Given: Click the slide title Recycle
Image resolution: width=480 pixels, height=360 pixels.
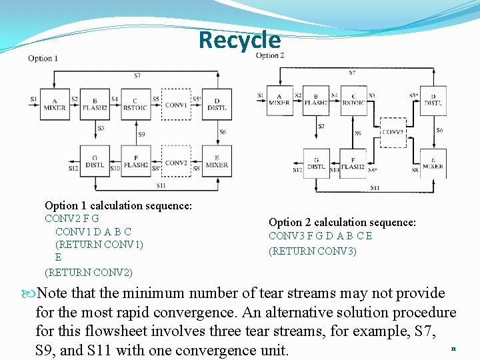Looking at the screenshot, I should [x=239, y=40].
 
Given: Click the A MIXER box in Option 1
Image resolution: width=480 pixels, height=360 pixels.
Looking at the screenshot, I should [x=54, y=104].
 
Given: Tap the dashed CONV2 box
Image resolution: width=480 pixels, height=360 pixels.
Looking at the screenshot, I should [x=176, y=162].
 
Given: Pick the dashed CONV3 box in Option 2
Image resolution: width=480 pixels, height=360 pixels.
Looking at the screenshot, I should [x=393, y=132].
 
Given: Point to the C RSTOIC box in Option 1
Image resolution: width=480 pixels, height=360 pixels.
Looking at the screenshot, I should [x=135, y=104].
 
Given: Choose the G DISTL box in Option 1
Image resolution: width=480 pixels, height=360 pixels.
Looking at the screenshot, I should [x=95, y=161].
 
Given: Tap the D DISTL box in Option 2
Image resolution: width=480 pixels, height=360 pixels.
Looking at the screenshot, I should [x=433, y=99].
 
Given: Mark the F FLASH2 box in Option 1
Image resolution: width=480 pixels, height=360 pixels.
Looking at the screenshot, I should [x=135, y=161].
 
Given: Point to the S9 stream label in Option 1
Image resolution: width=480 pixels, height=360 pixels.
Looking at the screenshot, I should [x=141, y=135].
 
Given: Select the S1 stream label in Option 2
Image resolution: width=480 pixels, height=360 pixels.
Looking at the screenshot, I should [x=260, y=96].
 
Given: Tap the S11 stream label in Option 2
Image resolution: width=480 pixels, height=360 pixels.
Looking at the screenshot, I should [x=375, y=188].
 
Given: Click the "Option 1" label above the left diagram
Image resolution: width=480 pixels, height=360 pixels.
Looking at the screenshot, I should [x=43, y=59].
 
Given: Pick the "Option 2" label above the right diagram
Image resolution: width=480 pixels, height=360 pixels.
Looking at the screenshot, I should [x=269, y=55].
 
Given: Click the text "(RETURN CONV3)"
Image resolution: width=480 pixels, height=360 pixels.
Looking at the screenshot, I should [x=312, y=251].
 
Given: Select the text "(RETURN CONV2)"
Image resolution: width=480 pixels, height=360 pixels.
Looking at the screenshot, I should [x=88, y=272].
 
